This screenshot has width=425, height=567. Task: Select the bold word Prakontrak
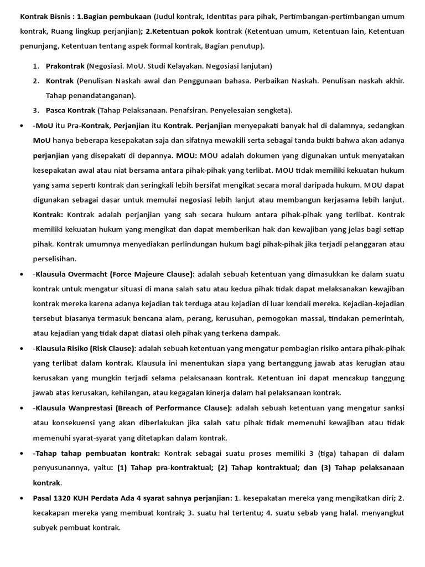click(65, 66)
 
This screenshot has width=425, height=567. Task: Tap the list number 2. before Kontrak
click(36, 81)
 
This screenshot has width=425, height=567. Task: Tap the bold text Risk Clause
click(117, 349)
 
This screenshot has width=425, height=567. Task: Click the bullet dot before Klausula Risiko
click(20, 349)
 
